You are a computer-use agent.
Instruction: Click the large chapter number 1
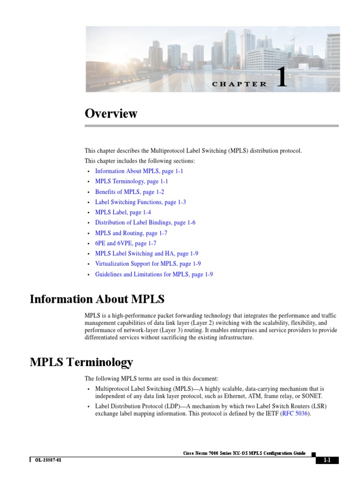(281, 78)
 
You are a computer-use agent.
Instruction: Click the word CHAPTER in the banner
(239, 84)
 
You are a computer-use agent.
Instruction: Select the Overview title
(111, 114)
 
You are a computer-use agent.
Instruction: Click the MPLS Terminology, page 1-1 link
(131, 181)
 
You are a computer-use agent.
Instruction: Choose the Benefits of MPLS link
(129, 192)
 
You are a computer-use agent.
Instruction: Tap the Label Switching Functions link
(140, 202)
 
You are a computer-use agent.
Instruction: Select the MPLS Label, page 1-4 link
(123, 212)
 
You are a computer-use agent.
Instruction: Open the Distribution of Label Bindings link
(145, 223)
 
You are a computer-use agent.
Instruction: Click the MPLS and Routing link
(131, 233)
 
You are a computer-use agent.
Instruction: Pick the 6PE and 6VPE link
(126, 243)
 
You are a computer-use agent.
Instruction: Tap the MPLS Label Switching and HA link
(146, 254)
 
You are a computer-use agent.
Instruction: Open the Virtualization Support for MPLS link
(148, 264)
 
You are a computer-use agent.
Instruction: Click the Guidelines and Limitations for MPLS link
(154, 274)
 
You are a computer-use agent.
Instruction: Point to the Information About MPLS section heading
(97, 299)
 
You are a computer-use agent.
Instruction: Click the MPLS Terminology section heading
(81, 362)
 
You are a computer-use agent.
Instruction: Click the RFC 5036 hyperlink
(295, 414)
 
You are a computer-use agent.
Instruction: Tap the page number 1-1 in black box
(327, 460)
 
